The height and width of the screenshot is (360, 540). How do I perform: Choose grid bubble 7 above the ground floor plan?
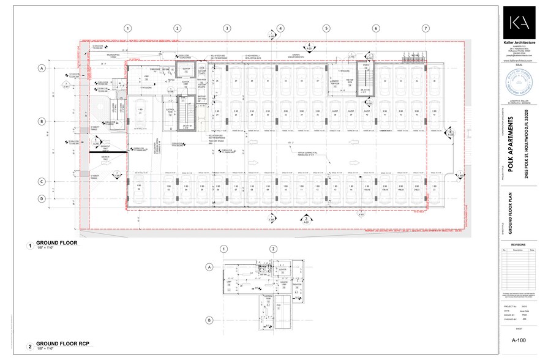[426, 28]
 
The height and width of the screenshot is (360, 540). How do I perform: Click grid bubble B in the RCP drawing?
[209, 320]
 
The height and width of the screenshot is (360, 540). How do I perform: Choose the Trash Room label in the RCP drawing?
[286, 285]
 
